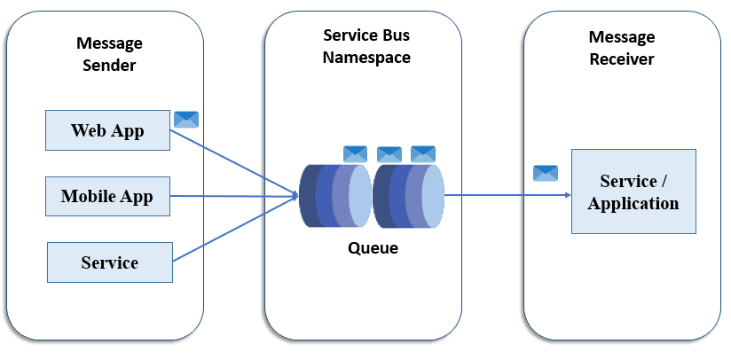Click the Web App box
[x=107, y=130]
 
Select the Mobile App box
[x=107, y=196]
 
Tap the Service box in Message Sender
[x=109, y=262]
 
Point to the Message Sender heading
[x=109, y=53]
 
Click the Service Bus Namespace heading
[x=366, y=46]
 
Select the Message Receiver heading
[x=622, y=48]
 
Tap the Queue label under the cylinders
[x=373, y=248]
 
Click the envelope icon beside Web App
[x=186, y=120]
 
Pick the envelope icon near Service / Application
[x=546, y=173]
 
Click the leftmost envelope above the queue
[x=356, y=153]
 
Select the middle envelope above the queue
[x=389, y=154]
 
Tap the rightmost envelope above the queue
[x=423, y=153]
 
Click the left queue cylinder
[x=334, y=193]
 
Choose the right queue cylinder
[x=407, y=193]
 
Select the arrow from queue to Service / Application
[x=506, y=194]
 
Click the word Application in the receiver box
[x=633, y=203]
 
